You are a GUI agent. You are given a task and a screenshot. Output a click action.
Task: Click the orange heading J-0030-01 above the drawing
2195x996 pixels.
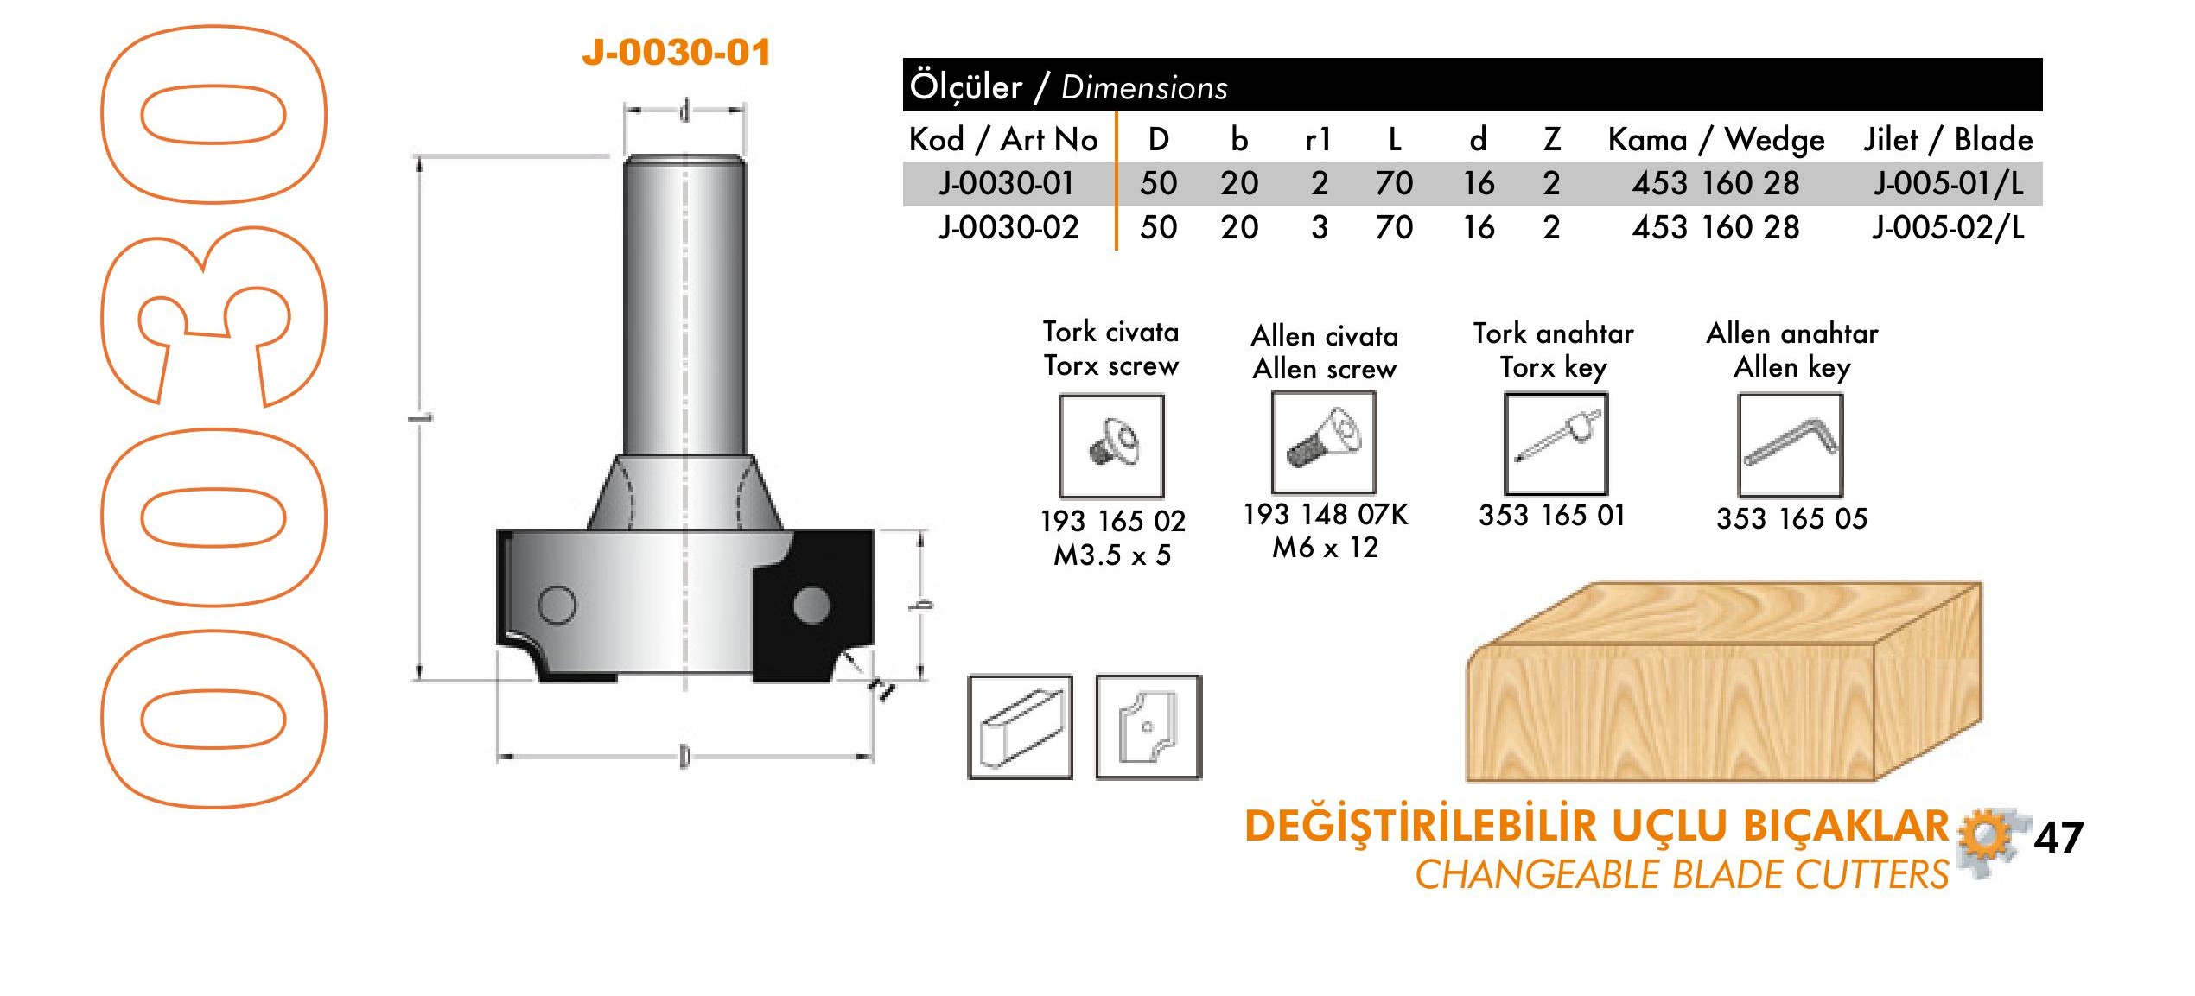coord(676,52)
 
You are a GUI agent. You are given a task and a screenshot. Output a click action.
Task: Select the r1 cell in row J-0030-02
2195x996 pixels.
coord(1319,227)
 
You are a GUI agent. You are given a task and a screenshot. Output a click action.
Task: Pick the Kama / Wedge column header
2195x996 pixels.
coord(1716,139)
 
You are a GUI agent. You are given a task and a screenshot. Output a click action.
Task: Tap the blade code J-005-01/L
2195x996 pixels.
coord(1949,183)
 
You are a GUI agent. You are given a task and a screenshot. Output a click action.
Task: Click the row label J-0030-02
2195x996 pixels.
coord(1008,227)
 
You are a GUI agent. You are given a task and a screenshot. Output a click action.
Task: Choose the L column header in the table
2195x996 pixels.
coord(1394,139)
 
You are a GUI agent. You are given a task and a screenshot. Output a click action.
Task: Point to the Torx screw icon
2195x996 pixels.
coord(1112,446)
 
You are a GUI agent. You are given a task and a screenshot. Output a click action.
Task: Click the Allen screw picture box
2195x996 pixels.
coord(1324,442)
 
